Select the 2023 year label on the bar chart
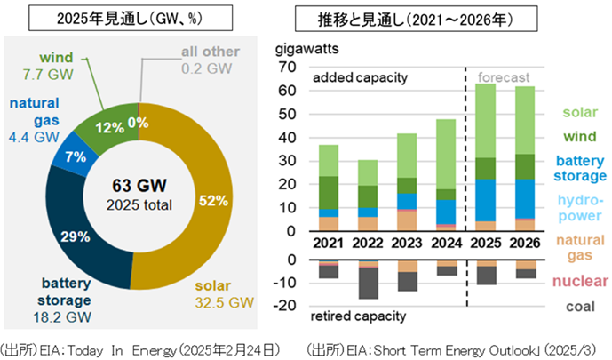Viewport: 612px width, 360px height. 407,244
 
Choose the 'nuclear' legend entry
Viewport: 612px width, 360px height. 579,282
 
